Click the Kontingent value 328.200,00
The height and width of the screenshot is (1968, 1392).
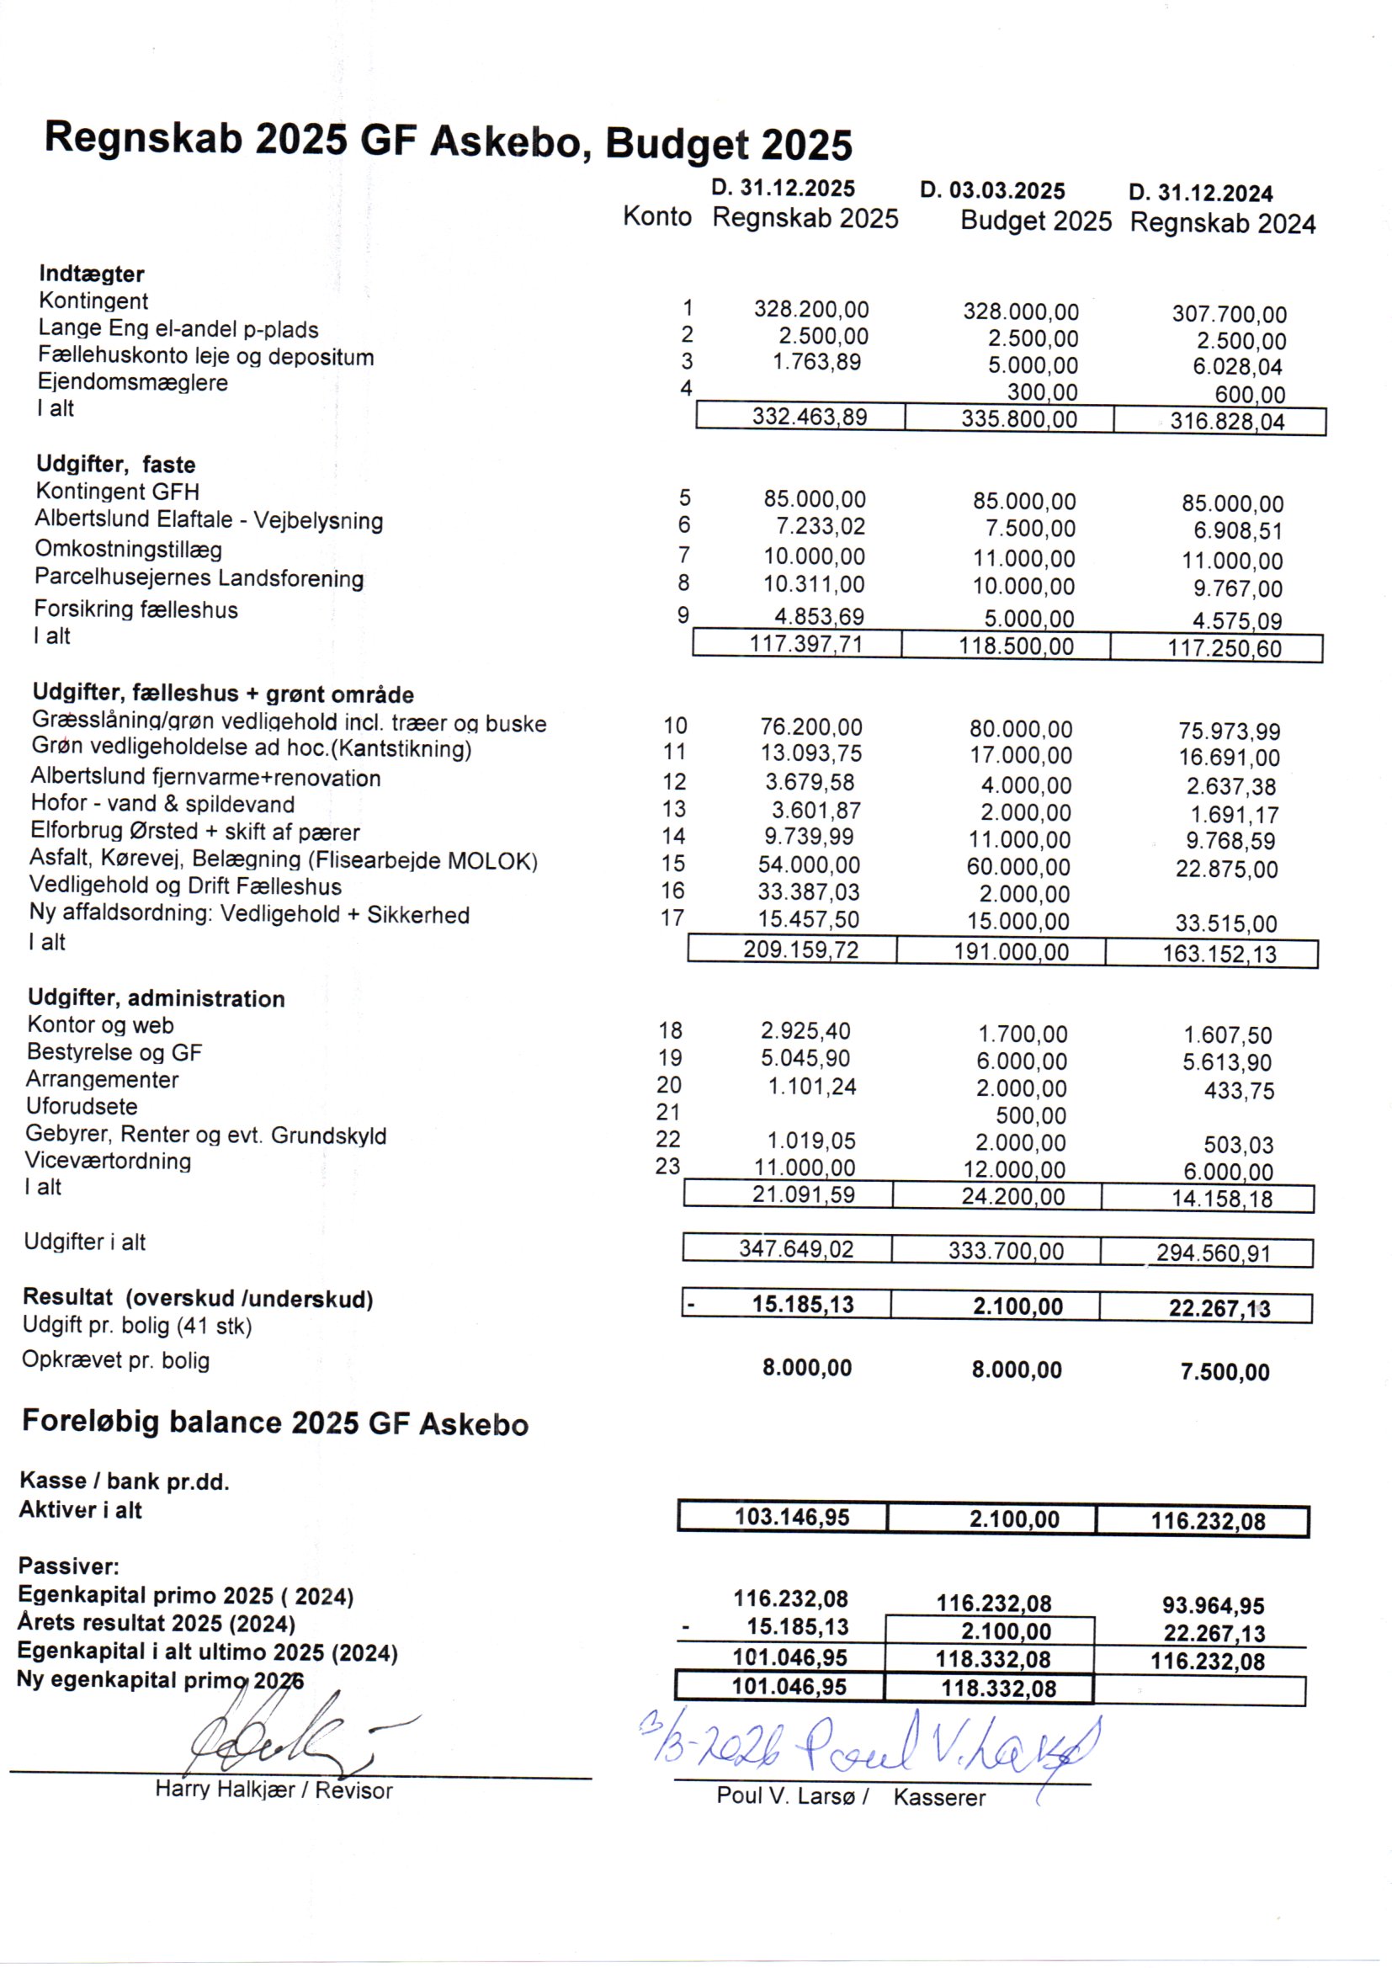tap(810, 310)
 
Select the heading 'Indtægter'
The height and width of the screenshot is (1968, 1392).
tap(92, 274)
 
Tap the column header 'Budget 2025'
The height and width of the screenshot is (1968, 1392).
tap(1035, 221)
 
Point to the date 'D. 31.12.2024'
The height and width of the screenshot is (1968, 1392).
tap(1200, 194)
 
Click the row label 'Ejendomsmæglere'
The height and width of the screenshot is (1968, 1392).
tap(133, 382)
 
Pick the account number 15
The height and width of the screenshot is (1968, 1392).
tap(673, 864)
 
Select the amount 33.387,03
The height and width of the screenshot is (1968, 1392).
tap(808, 892)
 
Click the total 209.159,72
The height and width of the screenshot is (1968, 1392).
tap(800, 949)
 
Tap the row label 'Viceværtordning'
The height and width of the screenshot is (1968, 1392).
tap(108, 1162)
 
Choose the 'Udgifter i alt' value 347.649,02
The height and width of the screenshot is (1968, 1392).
tap(796, 1249)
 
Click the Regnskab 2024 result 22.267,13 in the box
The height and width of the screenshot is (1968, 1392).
tap(1219, 1309)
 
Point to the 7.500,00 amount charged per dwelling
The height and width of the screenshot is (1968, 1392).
tap(1224, 1372)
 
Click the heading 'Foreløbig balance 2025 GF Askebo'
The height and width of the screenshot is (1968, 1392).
tap(275, 1423)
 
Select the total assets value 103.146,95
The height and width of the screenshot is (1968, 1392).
tap(791, 1517)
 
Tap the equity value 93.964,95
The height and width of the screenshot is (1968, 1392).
tap(1213, 1606)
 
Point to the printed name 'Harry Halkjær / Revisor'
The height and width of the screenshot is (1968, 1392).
tap(274, 1790)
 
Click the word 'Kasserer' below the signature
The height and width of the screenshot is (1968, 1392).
tap(939, 1798)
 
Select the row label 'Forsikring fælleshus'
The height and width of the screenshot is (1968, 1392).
tap(136, 609)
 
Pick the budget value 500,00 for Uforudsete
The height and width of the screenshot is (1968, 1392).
tap(1030, 1116)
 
